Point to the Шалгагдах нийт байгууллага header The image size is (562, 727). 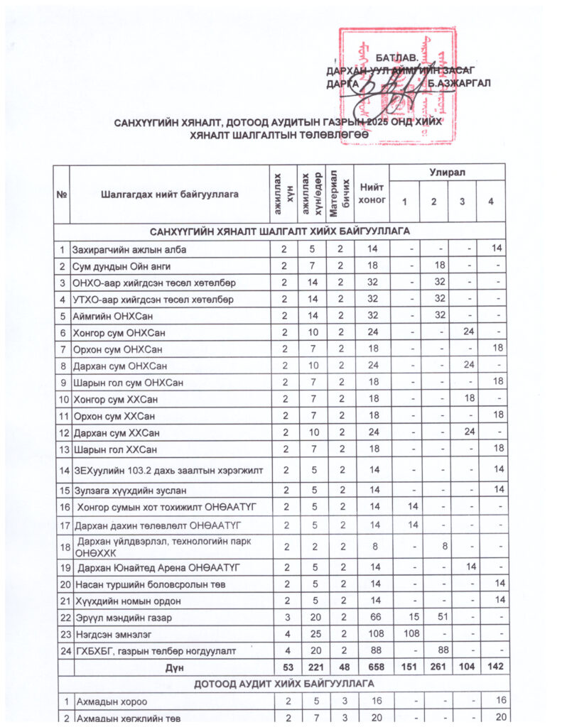(x=169, y=193)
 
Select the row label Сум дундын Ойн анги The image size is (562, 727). (x=121, y=266)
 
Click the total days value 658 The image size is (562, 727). (x=371, y=668)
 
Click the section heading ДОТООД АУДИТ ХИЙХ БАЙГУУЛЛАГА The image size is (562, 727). (x=280, y=685)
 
